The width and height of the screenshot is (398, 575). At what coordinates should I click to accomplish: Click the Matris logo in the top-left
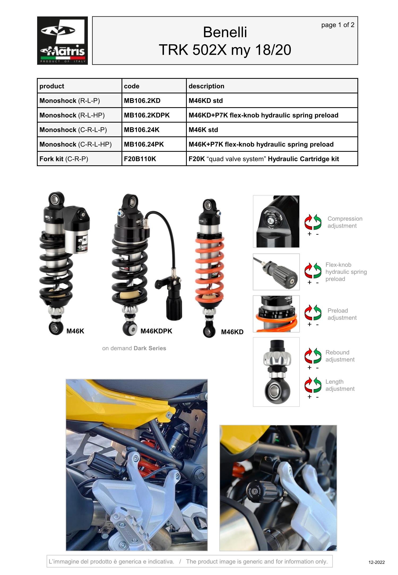click(62, 40)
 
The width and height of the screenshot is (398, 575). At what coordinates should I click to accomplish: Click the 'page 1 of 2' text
click(338, 25)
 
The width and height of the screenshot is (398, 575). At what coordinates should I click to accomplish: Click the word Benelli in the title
click(225, 32)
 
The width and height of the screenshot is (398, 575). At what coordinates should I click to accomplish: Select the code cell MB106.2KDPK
click(147, 115)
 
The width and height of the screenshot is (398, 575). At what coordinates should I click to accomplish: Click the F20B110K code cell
click(140, 159)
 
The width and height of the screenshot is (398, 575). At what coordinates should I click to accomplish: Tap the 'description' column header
click(206, 86)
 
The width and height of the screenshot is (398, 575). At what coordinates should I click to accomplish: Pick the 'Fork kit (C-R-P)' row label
click(64, 159)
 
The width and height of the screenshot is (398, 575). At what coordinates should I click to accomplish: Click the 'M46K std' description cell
click(203, 130)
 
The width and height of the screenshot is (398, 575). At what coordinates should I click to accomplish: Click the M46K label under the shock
click(75, 331)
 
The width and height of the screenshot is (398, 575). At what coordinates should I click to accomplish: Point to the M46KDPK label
click(156, 331)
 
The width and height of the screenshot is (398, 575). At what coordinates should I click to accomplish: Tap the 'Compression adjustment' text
click(345, 222)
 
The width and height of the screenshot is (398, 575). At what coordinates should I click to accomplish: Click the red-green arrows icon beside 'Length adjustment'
click(313, 385)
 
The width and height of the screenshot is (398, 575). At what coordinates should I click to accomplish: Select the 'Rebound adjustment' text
click(340, 356)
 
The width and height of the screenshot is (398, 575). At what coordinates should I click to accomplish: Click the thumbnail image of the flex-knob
click(276, 272)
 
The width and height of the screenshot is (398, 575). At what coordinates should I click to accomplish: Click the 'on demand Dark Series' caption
click(134, 348)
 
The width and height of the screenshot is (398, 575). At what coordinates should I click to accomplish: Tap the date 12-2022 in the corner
click(376, 562)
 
